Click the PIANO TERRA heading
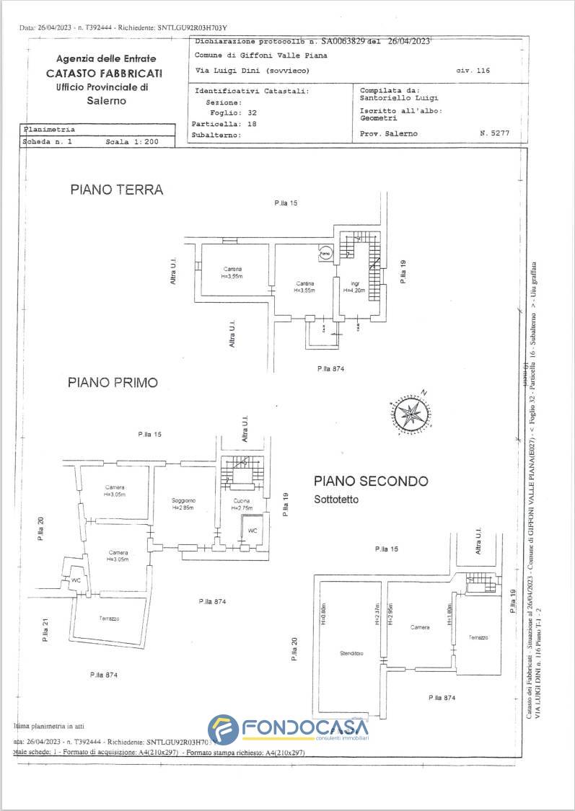[116, 190]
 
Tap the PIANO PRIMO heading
[113, 383]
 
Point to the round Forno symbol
[325, 254]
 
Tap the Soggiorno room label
[184, 503]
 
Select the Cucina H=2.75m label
[242, 504]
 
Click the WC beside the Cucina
[252, 531]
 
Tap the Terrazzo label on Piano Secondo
[478, 638]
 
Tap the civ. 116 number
[473, 71]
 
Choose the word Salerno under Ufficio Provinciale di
[106, 101]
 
